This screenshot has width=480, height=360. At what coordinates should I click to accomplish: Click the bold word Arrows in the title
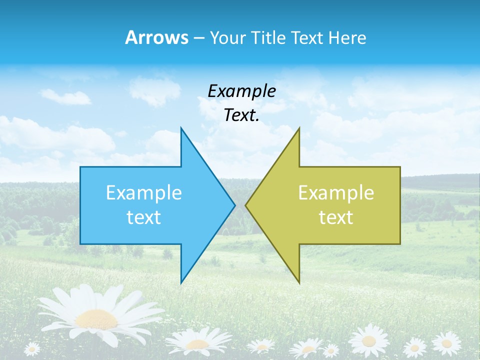(x=156, y=37)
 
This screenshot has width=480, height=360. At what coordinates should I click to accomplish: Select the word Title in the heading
(x=271, y=37)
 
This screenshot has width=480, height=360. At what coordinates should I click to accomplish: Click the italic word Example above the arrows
(x=241, y=91)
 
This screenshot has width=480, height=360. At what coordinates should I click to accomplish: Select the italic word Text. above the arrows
(x=241, y=115)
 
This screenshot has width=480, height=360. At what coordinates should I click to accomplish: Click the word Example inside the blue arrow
(x=144, y=193)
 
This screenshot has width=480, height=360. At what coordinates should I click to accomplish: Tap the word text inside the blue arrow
(x=144, y=217)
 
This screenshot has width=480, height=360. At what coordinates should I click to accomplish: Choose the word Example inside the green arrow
(x=336, y=193)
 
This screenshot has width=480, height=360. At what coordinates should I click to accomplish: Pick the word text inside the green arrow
(x=336, y=217)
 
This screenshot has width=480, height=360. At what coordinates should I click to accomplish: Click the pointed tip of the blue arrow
(x=234, y=205)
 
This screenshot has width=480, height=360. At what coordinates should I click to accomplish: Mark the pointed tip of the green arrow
(x=246, y=205)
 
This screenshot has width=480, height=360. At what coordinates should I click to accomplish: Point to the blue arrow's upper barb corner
(x=181, y=128)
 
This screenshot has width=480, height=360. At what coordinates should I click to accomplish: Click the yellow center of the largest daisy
(x=97, y=318)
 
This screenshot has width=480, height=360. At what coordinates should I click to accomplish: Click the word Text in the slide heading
(x=307, y=37)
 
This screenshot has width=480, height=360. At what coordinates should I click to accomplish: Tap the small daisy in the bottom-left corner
(x=32, y=348)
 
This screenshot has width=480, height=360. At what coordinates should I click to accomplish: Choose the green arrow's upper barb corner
(x=299, y=128)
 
